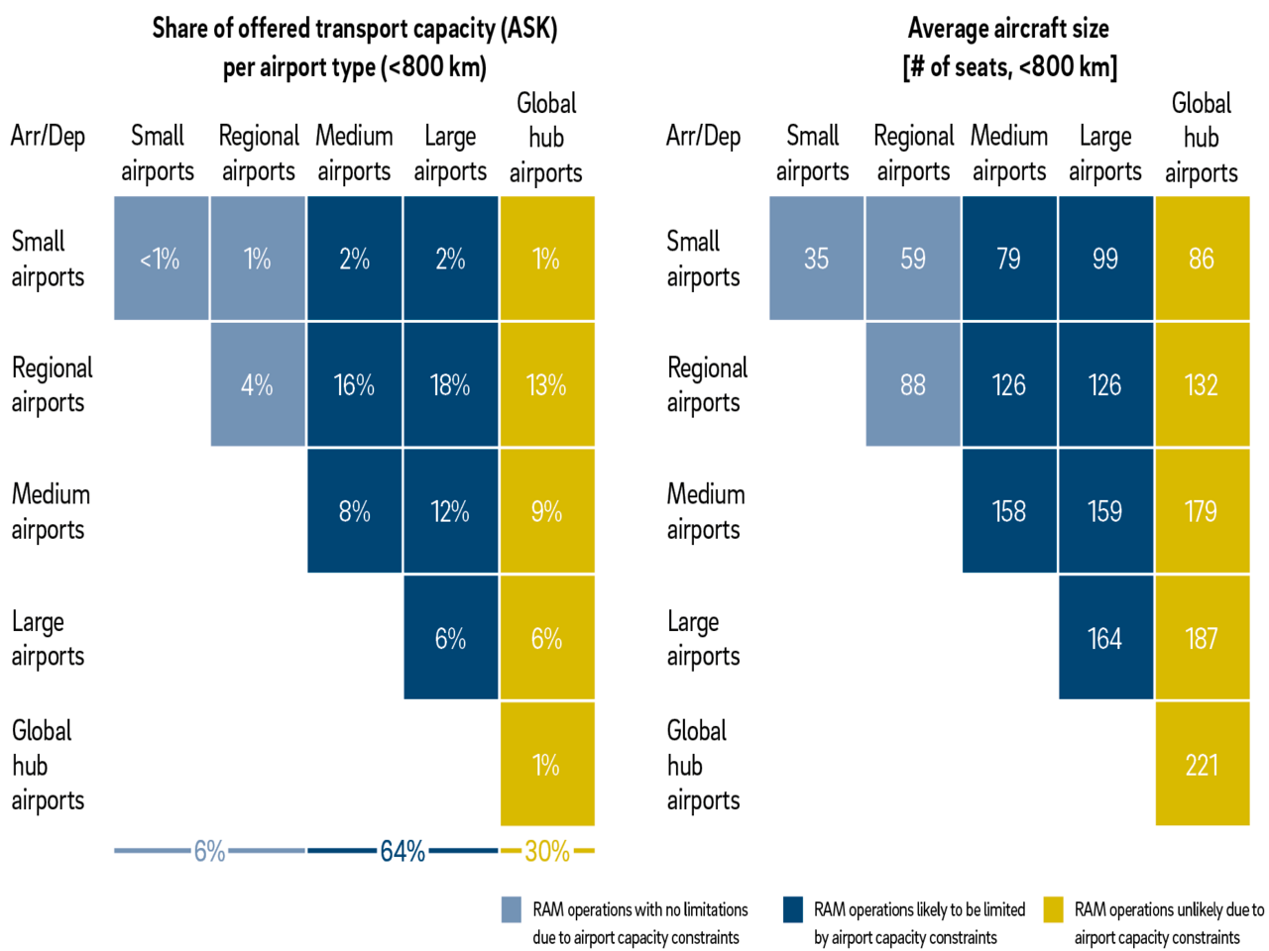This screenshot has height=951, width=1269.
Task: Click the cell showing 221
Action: tap(1202, 764)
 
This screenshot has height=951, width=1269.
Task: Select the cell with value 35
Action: tap(816, 259)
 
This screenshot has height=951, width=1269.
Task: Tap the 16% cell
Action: tap(354, 384)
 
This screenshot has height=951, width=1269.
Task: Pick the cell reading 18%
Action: tap(450, 384)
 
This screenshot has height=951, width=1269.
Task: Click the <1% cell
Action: tap(161, 259)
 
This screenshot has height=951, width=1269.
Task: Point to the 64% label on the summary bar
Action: tap(403, 851)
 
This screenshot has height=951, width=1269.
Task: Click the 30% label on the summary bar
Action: tap(547, 851)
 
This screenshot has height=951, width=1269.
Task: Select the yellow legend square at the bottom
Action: tap(1053, 909)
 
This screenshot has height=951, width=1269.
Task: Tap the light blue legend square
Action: tap(512, 909)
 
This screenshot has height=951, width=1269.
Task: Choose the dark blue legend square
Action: tap(793, 909)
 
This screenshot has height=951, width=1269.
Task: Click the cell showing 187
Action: tap(1202, 638)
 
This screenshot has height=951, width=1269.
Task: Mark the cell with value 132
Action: tap(1202, 384)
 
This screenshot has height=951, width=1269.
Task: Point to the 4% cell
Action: tap(257, 384)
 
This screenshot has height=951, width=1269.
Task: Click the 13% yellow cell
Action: tap(546, 384)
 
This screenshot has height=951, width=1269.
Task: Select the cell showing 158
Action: tap(1009, 511)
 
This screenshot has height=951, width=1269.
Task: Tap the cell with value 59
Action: tap(913, 259)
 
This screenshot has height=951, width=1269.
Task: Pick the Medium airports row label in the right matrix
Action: tap(709, 511)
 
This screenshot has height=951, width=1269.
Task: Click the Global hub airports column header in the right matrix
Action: tap(1202, 137)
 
